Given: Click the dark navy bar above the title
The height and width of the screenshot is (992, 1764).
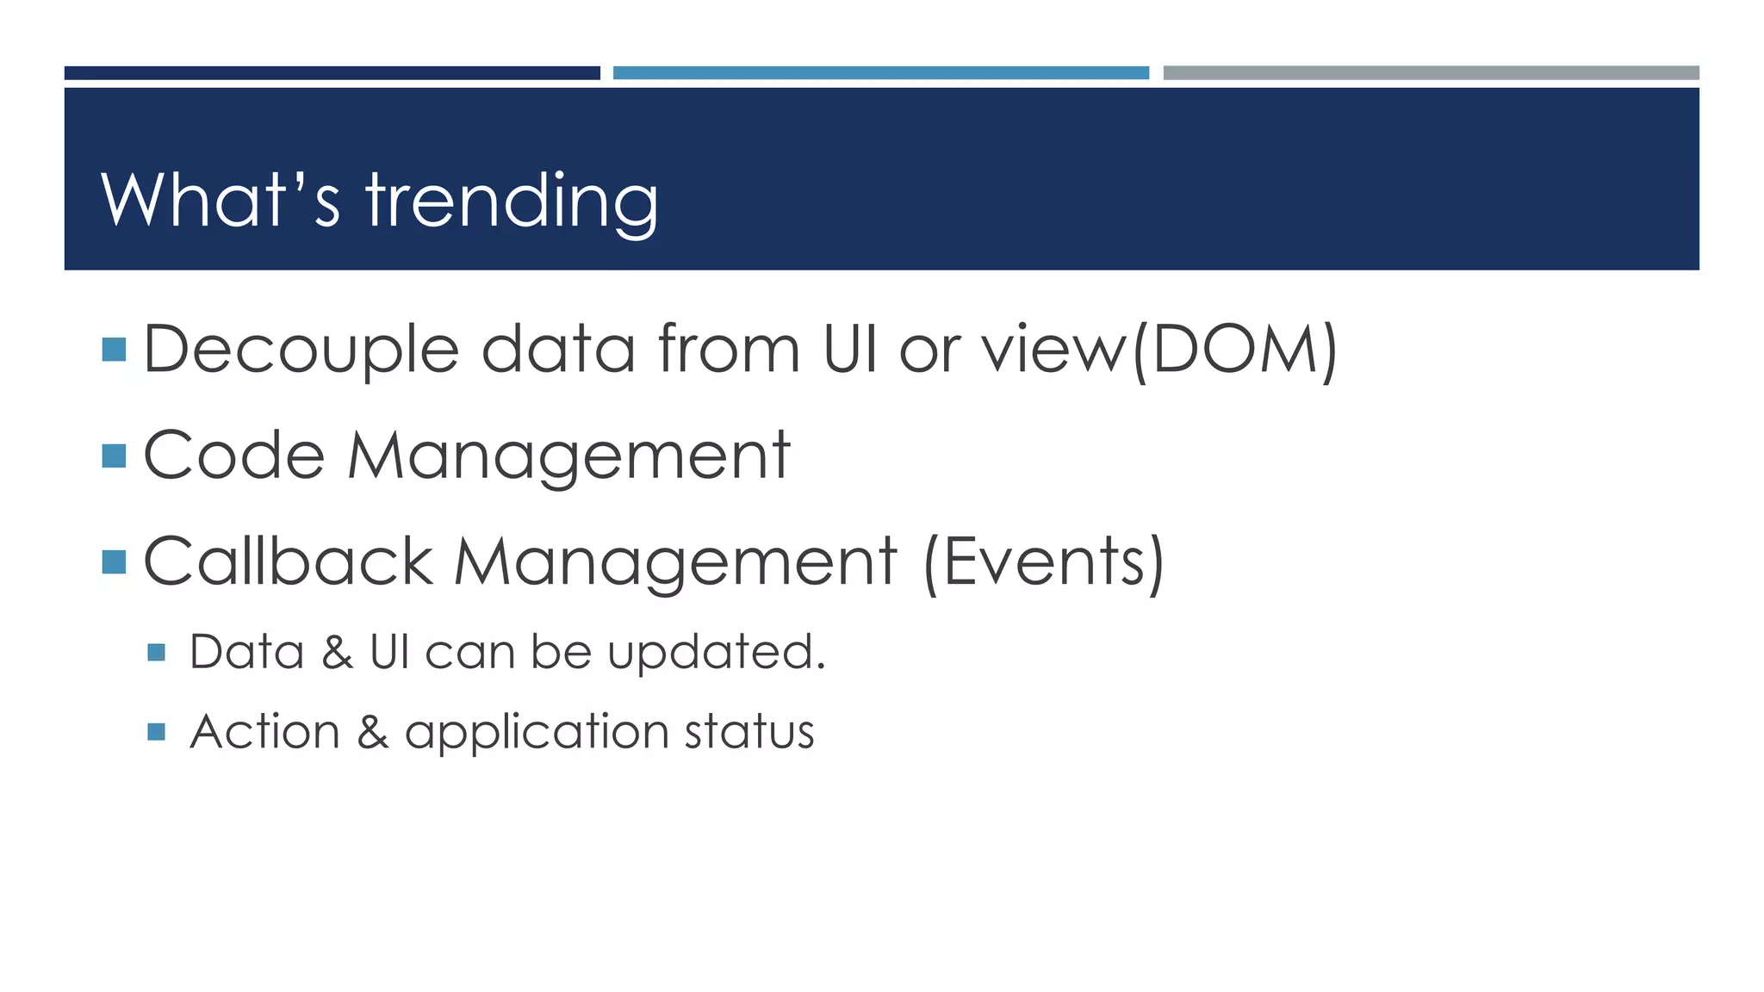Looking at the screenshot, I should pos(332,73).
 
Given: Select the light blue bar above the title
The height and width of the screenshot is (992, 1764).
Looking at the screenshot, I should pos(880,73).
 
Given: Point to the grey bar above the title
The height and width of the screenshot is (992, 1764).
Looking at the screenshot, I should pos(1431,73).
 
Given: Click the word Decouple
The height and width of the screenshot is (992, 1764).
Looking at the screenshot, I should pos(301,350).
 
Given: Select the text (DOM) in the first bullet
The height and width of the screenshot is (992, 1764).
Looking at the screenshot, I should pos(1234,350).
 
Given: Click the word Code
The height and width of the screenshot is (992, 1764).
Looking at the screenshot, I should pos(233,456).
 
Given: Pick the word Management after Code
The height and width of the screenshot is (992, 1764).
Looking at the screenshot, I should pos(568,456).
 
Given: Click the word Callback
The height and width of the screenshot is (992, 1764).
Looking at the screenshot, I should pos(288,561).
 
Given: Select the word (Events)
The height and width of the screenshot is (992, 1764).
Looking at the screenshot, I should pos(1043,561).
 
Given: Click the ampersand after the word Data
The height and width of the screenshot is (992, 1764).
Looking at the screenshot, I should pos(337,652).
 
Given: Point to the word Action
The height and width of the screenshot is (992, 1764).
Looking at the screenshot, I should pos(264,732).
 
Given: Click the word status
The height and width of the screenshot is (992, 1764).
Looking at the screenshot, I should pos(748,732).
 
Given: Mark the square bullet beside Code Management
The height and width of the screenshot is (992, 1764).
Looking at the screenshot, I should pos(114,456).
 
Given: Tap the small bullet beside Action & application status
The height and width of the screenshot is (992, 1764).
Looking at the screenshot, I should pos(156,732).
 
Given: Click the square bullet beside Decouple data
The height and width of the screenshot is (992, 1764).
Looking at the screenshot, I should pos(114,350).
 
